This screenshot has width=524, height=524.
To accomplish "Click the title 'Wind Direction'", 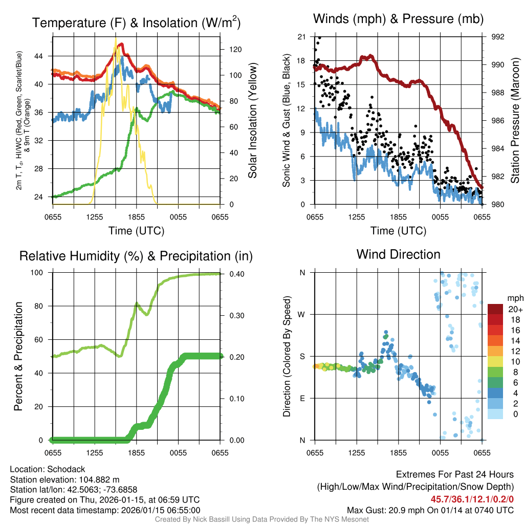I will (x=398, y=254).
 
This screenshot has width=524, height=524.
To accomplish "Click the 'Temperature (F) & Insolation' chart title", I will (x=136, y=23).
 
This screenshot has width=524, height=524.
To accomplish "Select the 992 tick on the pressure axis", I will (x=497, y=37).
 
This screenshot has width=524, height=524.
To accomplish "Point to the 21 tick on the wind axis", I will (x=301, y=37).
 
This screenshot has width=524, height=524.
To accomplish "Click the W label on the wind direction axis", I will (x=302, y=314).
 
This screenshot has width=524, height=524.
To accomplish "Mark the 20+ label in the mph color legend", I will (x=514, y=309).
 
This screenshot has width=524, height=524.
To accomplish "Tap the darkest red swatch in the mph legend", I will (x=495, y=309).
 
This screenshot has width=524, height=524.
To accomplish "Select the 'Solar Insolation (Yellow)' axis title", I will (x=252, y=121).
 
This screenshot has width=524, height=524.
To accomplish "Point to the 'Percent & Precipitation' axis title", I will (x=18, y=356).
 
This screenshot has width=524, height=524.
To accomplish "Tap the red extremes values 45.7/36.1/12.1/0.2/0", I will (x=472, y=500).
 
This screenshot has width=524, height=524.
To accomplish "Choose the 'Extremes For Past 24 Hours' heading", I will (x=454, y=475).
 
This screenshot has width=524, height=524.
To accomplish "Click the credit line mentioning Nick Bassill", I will (x=261, y=519).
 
